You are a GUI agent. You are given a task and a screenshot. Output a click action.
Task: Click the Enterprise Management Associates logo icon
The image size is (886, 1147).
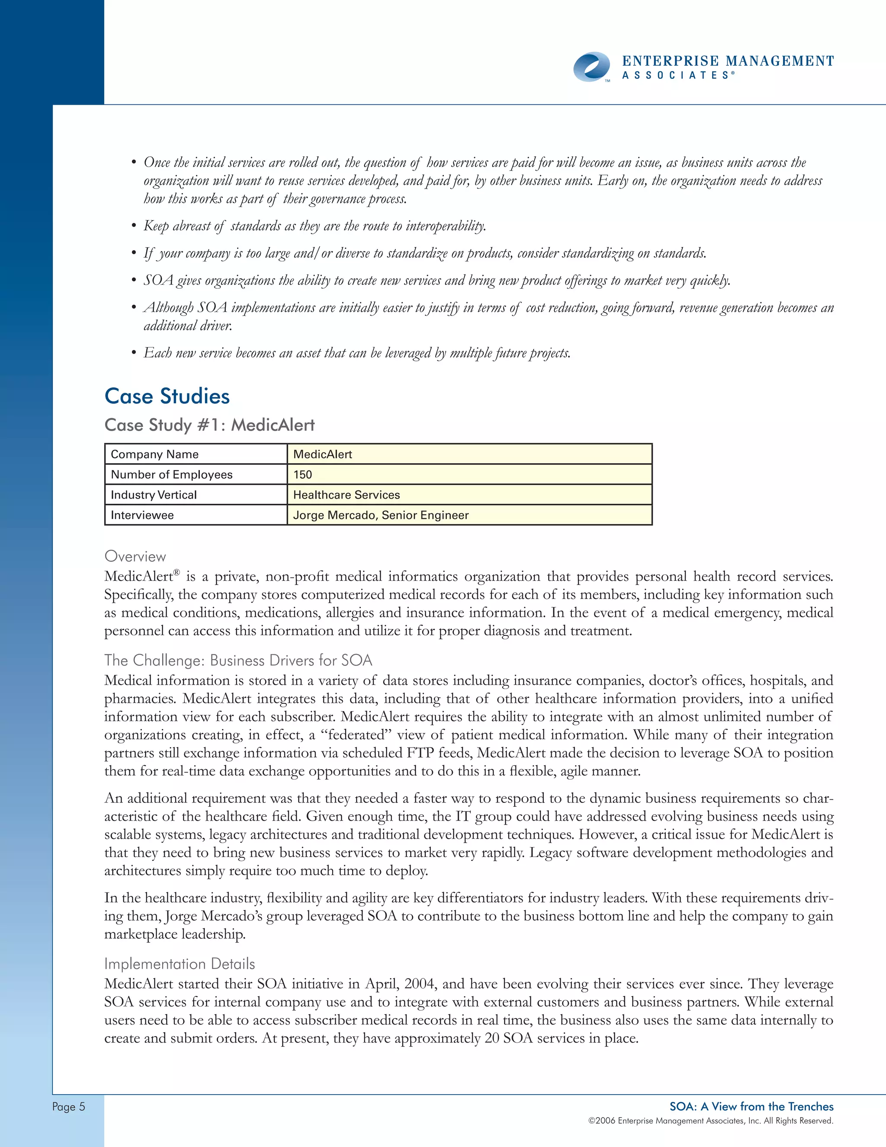[591, 67]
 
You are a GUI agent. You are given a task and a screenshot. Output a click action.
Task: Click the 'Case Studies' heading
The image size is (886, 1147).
[167, 396]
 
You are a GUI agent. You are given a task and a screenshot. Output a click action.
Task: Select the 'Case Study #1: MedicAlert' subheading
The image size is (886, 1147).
[209, 425]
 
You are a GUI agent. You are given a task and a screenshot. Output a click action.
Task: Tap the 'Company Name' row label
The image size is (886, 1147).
[154, 454]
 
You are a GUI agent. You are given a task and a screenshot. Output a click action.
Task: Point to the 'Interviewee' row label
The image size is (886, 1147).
[142, 515]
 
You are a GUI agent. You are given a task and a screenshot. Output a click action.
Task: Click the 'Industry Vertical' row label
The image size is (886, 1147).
[153, 495]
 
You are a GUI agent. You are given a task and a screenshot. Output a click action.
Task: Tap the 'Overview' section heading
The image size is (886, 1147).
[135, 556]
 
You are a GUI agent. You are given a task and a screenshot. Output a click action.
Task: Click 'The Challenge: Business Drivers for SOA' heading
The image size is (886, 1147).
[238, 660]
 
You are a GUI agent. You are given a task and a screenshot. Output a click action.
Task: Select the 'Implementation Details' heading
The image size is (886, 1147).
[180, 964]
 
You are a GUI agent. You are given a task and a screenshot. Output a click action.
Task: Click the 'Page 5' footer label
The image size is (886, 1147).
[68, 1107]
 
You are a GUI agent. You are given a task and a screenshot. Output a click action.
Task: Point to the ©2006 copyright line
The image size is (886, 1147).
[710, 1121]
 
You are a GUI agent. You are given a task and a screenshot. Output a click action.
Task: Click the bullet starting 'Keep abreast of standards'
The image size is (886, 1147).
[315, 226]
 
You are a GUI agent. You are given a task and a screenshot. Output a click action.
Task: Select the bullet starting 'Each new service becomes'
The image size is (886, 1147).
[357, 353]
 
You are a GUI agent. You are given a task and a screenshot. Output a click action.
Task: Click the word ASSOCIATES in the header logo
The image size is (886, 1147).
[676, 76]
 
